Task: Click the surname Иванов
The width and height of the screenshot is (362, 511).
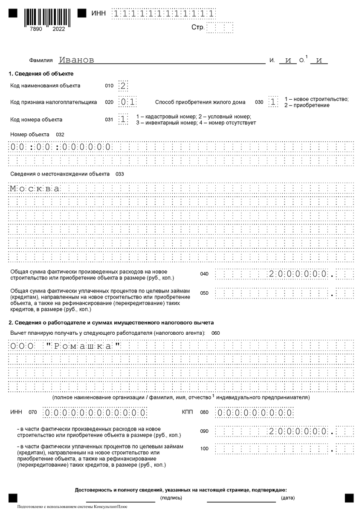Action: [76, 60]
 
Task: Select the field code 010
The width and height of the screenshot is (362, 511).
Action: [109, 86]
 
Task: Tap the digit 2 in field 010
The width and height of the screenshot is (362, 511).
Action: [123, 86]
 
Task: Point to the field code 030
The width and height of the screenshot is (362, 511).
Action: [259, 102]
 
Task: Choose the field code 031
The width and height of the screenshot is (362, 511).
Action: [109, 120]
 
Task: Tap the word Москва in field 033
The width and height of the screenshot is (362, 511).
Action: [35, 189]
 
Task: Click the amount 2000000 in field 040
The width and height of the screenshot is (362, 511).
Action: [298, 274]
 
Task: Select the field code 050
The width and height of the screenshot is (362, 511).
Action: [204, 293]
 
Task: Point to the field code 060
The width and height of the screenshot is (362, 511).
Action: [215, 333]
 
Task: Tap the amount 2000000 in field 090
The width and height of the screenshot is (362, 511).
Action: [298, 431]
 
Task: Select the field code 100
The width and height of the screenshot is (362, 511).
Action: [204, 448]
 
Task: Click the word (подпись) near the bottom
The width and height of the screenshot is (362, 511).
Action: [171, 498]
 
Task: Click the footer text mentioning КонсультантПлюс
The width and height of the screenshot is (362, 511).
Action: [72, 507]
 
